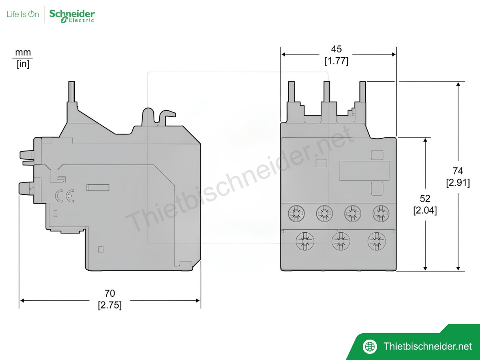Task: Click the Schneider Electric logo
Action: pos(72,15)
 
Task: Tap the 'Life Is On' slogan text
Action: pos(23,14)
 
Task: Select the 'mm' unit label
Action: pos(23,52)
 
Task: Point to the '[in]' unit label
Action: pos(23,64)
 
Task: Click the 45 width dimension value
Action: pos(336,49)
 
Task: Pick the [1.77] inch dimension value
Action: pos(336,61)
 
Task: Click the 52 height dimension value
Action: pos(425,199)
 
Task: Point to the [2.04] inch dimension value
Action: pos(425,210)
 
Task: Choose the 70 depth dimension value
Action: pos(110,294)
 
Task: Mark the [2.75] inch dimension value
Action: pos(110,306)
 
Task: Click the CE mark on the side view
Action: pos(64,196)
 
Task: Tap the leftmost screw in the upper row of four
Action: pos(296,214)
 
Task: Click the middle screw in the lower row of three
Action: pos(340,241)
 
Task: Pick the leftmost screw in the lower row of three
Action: pos(305,241)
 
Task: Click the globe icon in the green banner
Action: pos(370,346)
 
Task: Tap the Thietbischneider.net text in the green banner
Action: pos(427,346)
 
